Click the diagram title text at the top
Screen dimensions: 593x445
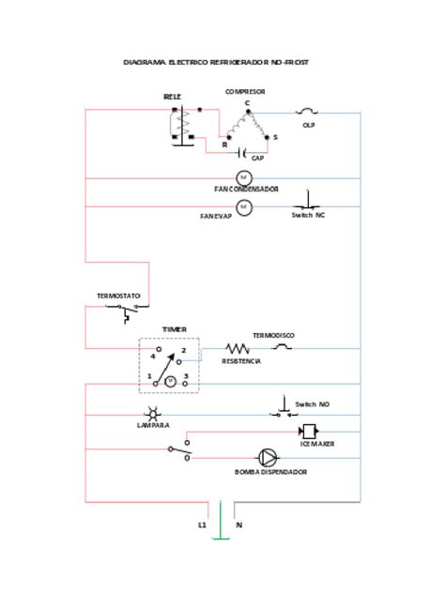217,62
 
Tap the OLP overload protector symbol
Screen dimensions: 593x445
307,112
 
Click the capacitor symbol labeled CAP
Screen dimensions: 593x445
242,151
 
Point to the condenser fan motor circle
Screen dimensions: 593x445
243,177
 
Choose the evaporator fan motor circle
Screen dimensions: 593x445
243,207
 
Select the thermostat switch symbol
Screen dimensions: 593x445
122,311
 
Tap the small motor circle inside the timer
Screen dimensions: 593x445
170,381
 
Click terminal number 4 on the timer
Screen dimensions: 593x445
152,357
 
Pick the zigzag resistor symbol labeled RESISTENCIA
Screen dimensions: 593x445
236,348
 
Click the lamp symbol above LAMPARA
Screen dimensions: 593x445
152,414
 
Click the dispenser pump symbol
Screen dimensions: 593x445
269,458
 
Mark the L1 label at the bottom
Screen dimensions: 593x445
202,525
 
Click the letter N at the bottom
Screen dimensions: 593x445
238,525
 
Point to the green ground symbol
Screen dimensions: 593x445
220,535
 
